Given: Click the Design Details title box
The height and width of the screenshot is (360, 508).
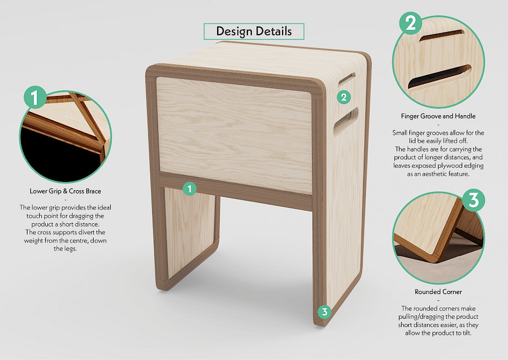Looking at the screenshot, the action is point(253,31).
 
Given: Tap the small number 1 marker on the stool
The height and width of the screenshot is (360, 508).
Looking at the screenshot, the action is point(190,188).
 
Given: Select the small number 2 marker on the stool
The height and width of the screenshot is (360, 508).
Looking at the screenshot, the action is point(344,97).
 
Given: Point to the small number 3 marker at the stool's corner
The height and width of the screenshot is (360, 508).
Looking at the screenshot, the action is point(325,311).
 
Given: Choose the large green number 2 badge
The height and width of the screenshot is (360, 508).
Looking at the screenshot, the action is point(410,23).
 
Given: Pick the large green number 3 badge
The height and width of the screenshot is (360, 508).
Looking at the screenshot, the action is point(473,200).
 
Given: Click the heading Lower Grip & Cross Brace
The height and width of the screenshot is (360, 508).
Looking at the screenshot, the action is point(66,191).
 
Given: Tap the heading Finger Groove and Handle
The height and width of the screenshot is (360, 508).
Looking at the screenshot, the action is point(438,116).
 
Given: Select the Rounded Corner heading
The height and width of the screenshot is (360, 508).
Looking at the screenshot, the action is point(438,292).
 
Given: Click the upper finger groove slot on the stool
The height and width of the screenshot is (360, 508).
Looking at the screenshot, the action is point(347,78).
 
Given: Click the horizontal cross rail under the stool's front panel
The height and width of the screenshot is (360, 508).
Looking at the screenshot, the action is point(235,191).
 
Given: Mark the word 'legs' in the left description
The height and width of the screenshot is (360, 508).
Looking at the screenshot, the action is point(69,249).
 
